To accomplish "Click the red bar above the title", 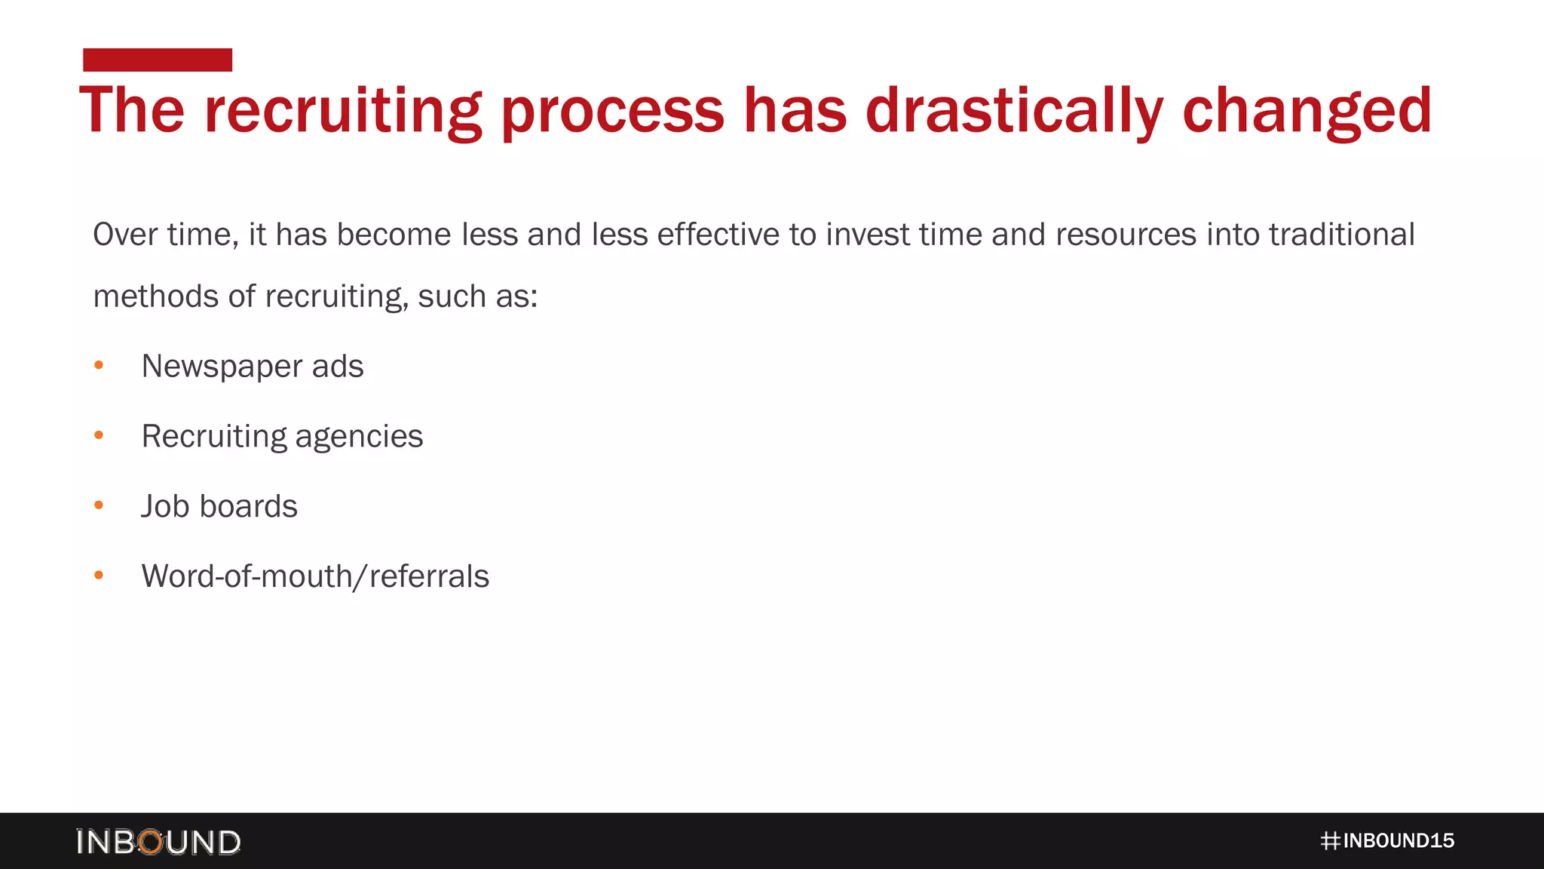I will [158, 60].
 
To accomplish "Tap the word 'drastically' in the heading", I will [1015, 111].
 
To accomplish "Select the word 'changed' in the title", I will [1307, 111].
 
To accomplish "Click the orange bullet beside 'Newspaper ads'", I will [99, 366].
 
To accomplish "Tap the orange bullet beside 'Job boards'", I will [99, 505].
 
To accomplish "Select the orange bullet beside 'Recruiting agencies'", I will [99, 435].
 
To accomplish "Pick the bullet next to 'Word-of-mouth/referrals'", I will [99, 576].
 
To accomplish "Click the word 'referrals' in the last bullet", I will [429, 576].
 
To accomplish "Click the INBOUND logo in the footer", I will [158, 842].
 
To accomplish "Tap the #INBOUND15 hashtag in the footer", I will [1387, 841].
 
